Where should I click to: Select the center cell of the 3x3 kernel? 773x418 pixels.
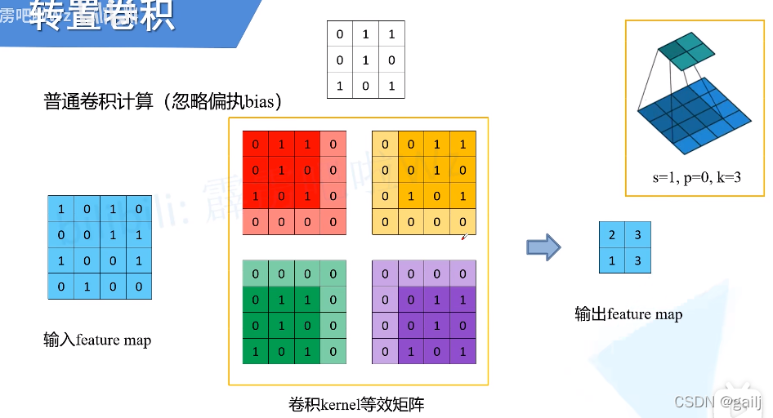[365, 60]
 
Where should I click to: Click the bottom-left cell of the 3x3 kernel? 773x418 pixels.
[340, 86]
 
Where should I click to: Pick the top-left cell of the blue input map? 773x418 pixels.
[60, 209]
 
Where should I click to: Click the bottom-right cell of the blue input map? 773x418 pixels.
[139, 287]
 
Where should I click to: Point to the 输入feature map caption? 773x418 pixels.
[97, 340]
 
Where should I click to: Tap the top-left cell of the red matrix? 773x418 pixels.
[256, 145]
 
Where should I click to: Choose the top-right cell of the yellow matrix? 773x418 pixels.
[462, 145]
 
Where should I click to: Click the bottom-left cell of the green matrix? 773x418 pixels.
[256, 352]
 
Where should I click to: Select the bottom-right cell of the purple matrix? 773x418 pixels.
[462, 352]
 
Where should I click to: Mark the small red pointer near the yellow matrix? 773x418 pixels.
[464, 237]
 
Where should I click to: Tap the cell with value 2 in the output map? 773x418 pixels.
[613, 234]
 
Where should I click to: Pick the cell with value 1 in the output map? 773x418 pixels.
[613, 260]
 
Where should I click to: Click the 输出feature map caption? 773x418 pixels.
[628, 314]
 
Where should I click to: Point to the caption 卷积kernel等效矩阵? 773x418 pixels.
[356, 404]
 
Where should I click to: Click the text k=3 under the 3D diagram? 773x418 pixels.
[726, 177]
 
